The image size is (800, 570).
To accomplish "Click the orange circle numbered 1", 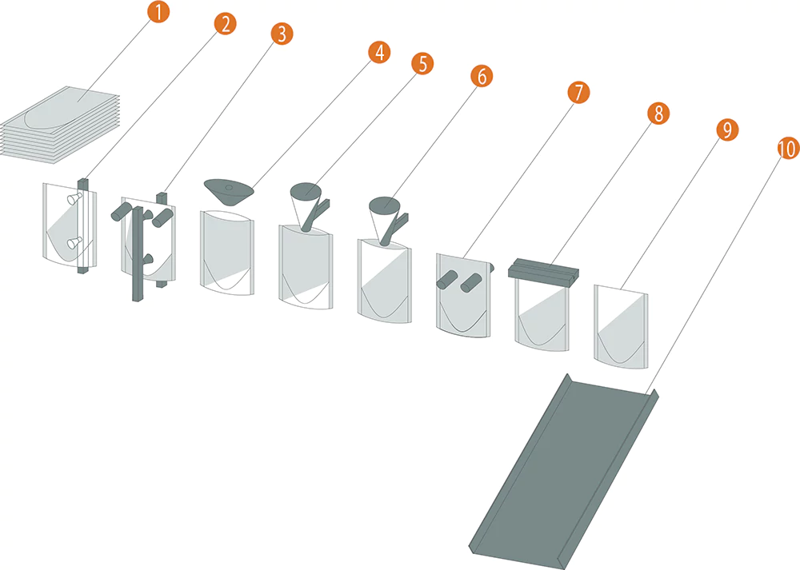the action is pyautogui.click(x=158, y=11).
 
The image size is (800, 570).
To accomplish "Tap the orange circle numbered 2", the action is pyautogui.click(x=225, y=23).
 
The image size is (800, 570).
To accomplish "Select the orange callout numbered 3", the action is pyautogui.click(x=282, y=34).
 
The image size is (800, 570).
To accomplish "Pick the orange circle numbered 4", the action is pyautogui.click(x=379, y=53).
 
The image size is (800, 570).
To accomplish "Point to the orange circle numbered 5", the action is pyautogui.click(x=422, y=64).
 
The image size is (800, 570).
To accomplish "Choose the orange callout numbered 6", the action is pyautogui.click(x=482, y=76).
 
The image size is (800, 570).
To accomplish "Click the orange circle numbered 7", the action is pyautogui.click(x=578, y=93).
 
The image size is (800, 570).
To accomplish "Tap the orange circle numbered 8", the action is pyautogui.click(x=658, y=114).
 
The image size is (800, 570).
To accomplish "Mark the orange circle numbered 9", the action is pyautogui.click(x=727, y=130).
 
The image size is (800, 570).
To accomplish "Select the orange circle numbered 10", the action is pyautogui.click(x=788, y=149).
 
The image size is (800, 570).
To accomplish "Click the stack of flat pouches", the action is pyautogui.click(x=60, y=125).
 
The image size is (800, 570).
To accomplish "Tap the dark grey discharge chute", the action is pyautogui.click(x=564, y=472).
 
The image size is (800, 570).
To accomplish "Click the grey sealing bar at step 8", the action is pyautogui.click(x=544, y=269).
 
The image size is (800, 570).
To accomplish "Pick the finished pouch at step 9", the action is pyautogui.click(x=621, y=326).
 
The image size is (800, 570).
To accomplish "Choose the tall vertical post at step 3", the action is pyautogui.click(x=138, y=254).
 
